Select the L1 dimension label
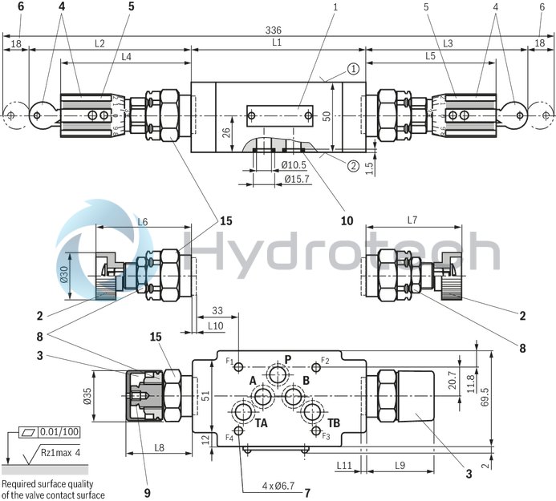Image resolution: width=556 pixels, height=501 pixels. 276,42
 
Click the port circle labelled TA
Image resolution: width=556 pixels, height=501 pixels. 244,414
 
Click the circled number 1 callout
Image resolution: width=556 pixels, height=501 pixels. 353,69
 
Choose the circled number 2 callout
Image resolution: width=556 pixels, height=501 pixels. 353,167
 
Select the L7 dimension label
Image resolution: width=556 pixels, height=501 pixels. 412,220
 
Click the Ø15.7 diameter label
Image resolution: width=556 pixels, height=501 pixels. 297,178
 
